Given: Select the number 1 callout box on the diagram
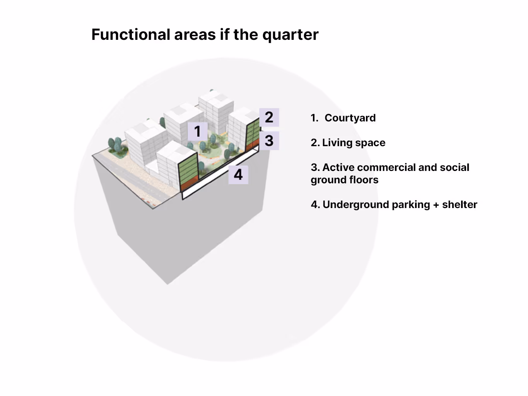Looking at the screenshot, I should (197, 131).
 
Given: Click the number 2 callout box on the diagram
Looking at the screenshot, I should (269, 117).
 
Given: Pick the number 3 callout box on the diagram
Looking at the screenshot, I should (269, 141).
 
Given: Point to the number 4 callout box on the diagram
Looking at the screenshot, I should (238, 174).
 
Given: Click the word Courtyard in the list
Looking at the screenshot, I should (350, 118).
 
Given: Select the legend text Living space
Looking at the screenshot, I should (354, 143).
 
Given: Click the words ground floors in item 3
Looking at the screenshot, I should (344, 180).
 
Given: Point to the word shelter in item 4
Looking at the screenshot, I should (460, 205).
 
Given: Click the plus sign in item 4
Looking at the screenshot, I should (436, 205).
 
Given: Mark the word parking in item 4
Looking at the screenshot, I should (411, 205).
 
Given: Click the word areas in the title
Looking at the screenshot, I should (195, 35).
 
